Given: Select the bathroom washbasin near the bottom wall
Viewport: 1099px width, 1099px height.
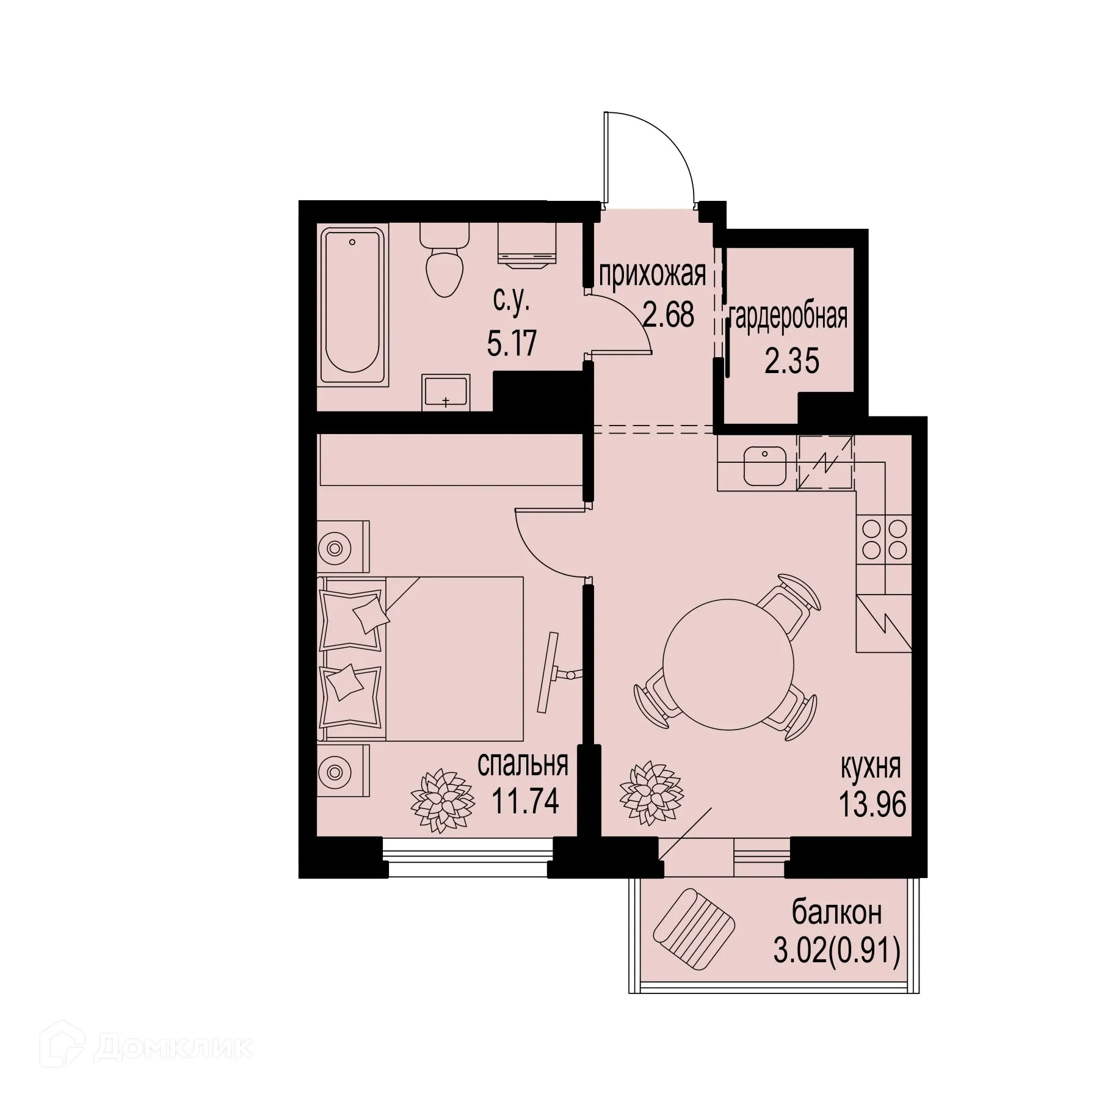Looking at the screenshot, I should click(x=446, y=391).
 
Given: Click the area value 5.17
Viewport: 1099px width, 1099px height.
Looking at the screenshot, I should click(x=512, y=343).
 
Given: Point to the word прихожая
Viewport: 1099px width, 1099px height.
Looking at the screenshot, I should click(x=652, y=275).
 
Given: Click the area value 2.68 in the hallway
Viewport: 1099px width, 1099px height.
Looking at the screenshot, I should click(x=669, y=316).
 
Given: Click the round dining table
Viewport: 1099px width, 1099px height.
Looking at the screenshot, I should click(x=728, y=664).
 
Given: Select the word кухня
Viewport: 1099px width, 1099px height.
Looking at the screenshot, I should click(x=871, y=767).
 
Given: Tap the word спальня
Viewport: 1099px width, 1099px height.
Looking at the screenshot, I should click(x=523, y=764).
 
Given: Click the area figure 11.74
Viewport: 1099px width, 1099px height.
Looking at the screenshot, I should click(x=525, y=801).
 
